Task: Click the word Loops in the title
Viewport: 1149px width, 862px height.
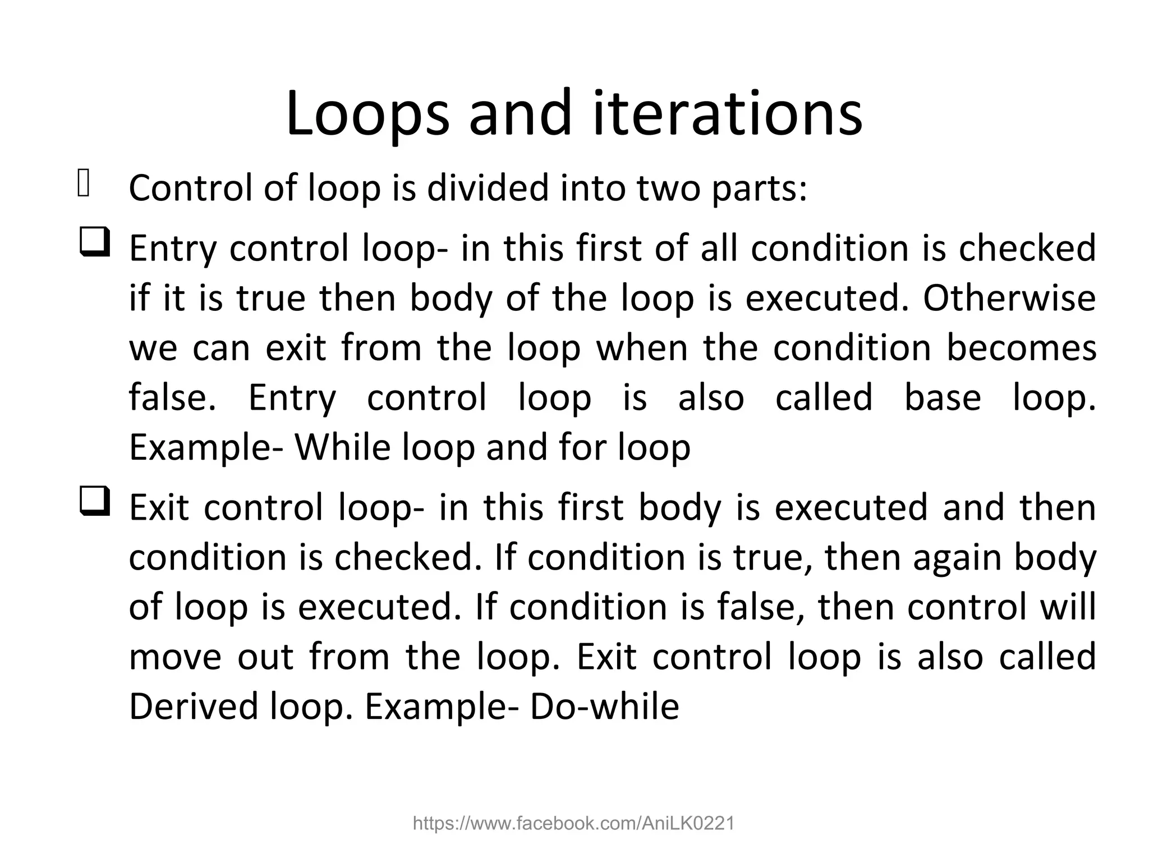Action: [367, 115]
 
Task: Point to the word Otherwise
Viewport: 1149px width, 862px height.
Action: [1009, 298]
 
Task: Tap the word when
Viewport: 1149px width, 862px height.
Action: [642, 347]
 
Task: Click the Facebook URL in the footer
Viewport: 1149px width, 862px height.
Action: [573, 824]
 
